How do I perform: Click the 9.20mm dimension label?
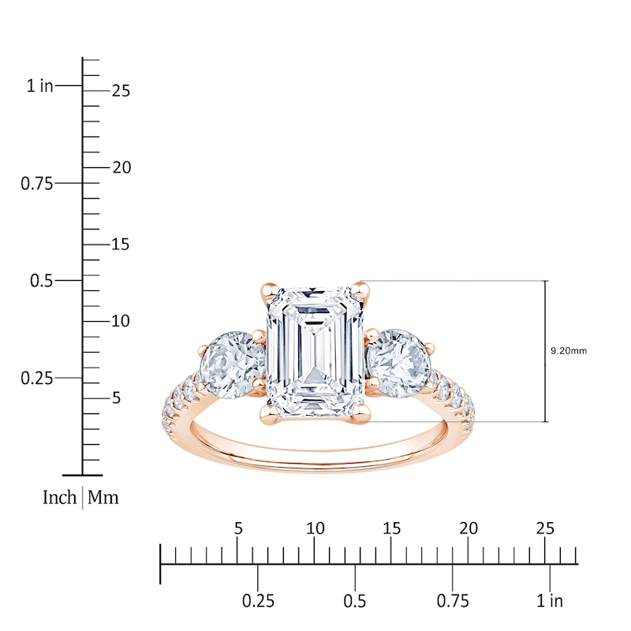click(569, 351)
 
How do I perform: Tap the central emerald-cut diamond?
click(315, 352)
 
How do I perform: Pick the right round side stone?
click(398, 363)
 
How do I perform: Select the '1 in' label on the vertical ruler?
click(40, 86)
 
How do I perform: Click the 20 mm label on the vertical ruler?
click(121, 167)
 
